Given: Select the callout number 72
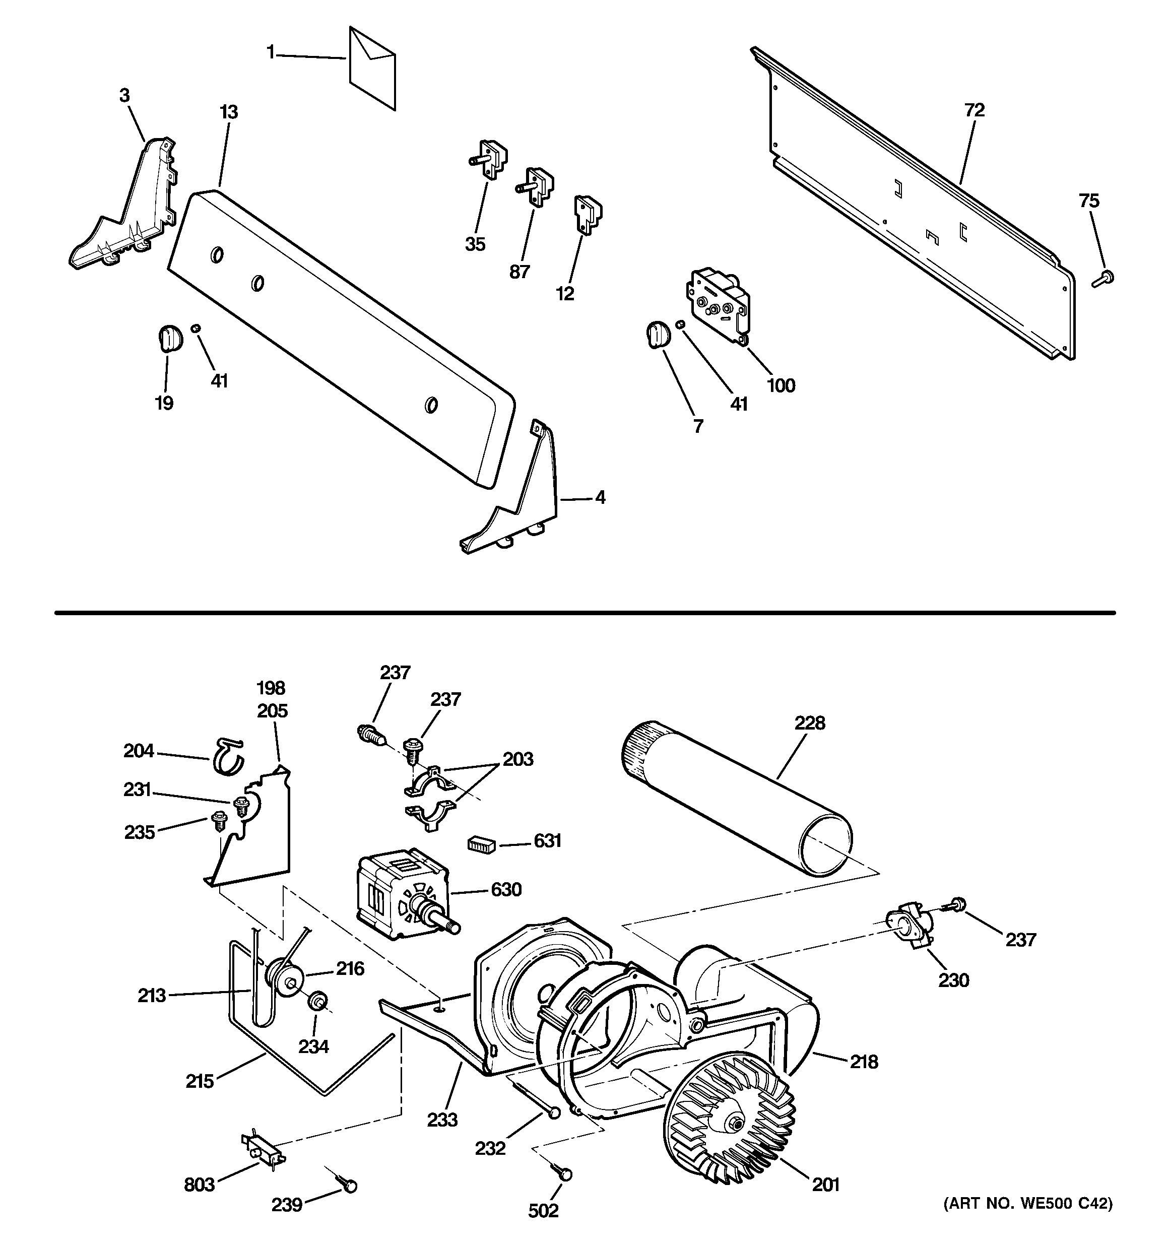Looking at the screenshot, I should (975, 110).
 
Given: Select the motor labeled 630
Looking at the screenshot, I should (402, 893).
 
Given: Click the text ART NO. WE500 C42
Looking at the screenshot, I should (1027, 1204).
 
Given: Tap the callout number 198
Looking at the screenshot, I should (271, 688).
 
